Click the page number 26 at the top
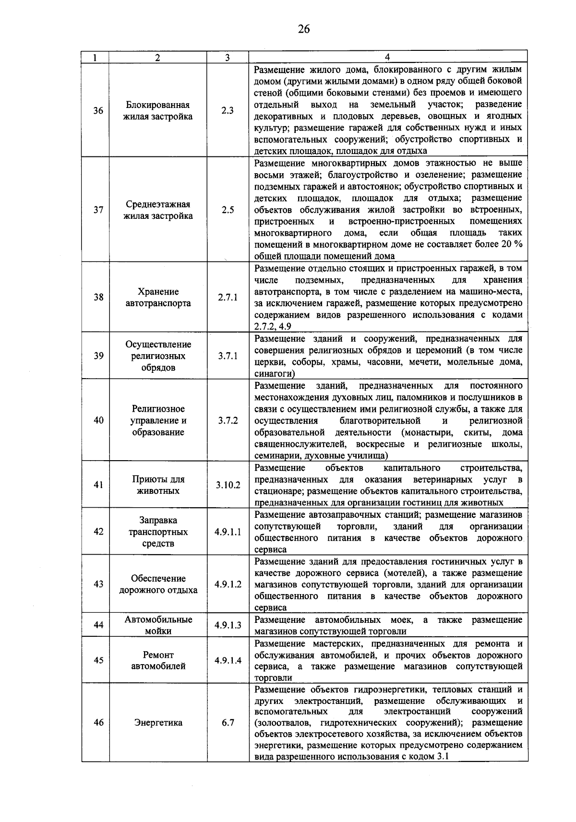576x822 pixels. coord(303,29)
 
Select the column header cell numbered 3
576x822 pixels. coord(227,58)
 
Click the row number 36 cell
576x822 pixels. coord(98,111)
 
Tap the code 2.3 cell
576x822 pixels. coord(228,111)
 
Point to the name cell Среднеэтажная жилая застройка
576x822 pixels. coord(158,210)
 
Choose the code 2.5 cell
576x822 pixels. coord(228,210)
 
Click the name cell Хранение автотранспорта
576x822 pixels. coord(158,298)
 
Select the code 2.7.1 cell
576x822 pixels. coord(228,298)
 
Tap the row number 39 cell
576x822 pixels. coord(98,356)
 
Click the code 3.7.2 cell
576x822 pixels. coord(228,421)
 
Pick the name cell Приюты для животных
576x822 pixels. coord(158,485)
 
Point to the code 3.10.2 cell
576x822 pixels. coord(228,485)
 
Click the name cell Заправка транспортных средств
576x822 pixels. coord(158,532)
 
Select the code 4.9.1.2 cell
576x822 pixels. coord(228,584)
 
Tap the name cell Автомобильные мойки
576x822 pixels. coord(158,625)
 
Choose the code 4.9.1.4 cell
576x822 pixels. coord(228,661)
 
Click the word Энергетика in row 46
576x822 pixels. coord(158,723)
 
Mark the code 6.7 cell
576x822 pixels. coord(228,723)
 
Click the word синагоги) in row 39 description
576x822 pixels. coord(274,374)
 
